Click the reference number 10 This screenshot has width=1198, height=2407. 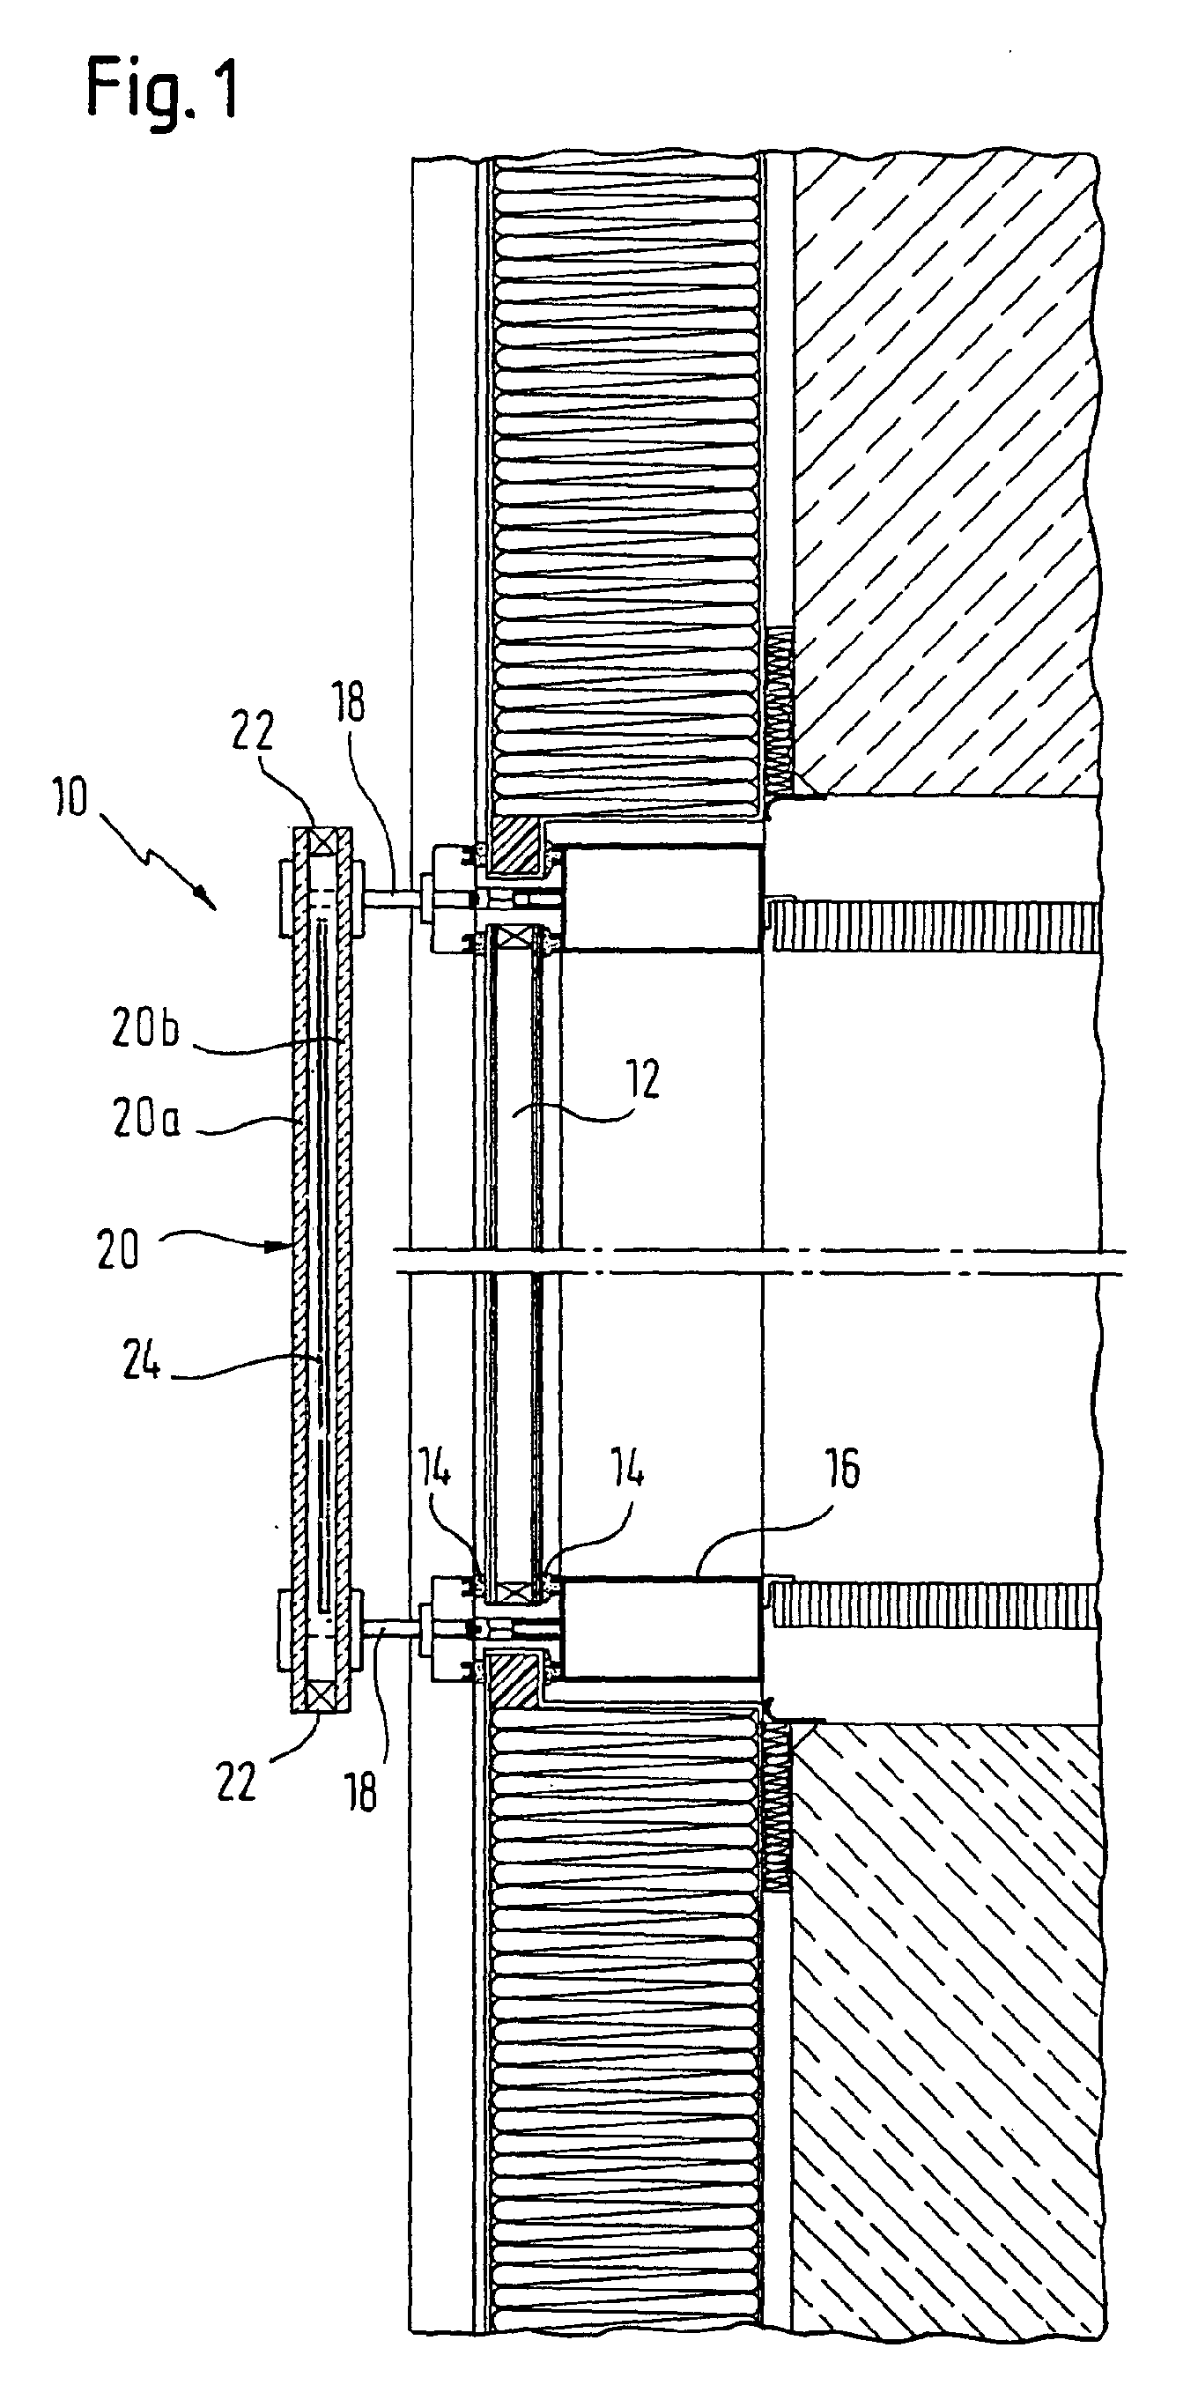[x=70, y=798]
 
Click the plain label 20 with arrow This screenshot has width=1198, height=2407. [x=118, y=1249]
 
